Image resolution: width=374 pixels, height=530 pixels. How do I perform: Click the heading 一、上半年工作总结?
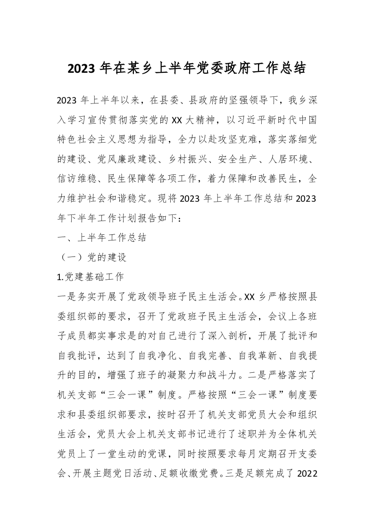[x=101, y=238]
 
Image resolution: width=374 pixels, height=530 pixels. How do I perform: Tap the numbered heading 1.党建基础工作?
[x=90, y=278]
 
